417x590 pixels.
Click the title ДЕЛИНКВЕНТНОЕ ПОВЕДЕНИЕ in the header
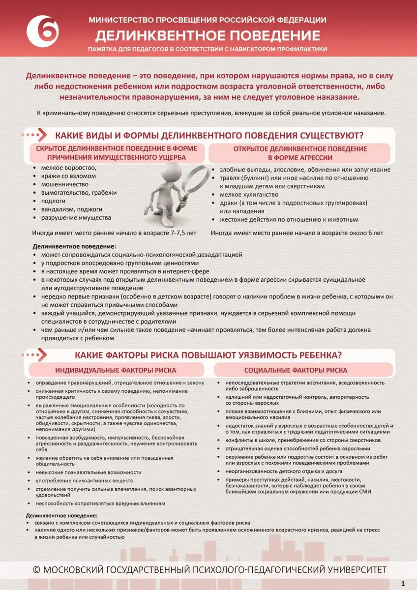tap(208, 35)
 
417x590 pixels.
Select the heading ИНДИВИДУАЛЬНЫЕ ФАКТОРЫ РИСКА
tap(116, 370)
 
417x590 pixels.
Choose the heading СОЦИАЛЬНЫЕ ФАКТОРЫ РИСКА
tap(302, 370)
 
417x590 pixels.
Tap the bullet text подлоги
tap(53, 201)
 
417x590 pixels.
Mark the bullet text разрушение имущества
tap(76, 218)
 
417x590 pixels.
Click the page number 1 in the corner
tap(403, 583)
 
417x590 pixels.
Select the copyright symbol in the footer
tap(36, 569)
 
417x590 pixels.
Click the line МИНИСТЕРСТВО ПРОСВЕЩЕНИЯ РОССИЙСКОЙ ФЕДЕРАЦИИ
tap(208, 20)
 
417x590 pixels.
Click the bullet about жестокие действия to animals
tap(289, 220)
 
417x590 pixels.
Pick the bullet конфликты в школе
tap(302, 440)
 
